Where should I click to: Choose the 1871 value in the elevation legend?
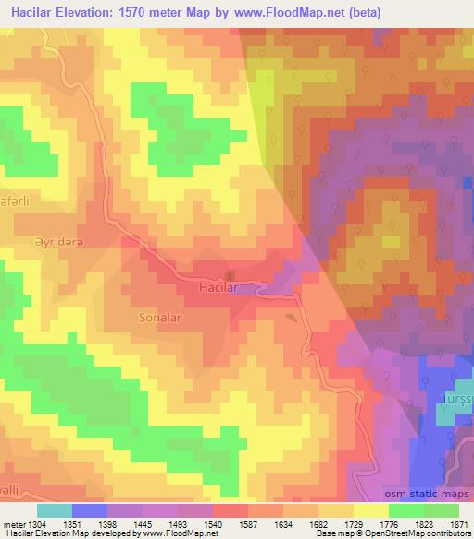(459, 523)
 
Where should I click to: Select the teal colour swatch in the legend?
(55, 510)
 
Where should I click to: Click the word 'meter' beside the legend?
(13, 523)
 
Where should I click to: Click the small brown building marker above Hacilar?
(231, 274)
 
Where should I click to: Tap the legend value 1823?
(424, 523)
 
